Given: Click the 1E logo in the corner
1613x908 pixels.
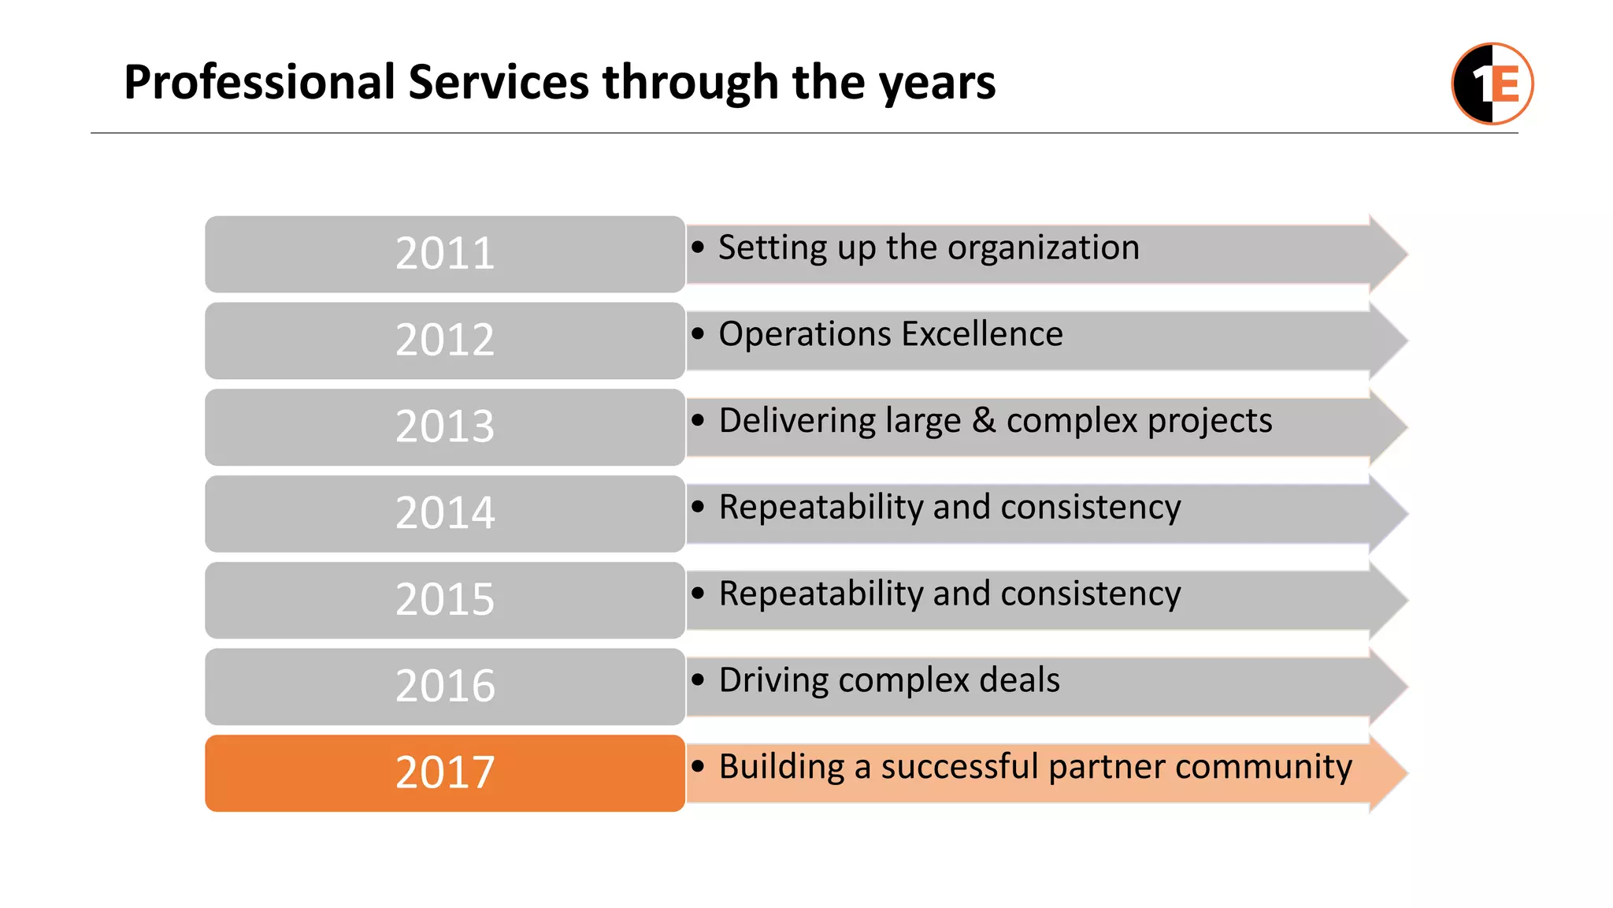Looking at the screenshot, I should coord(1492,84).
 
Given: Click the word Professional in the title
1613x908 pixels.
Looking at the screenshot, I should coord(259,82).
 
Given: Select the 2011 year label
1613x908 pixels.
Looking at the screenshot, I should coord(445,254).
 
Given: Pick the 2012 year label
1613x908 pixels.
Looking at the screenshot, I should coord(445,340).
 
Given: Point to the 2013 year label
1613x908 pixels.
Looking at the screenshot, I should coord(445,426).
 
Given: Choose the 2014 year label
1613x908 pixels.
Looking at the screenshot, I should coord(445,513).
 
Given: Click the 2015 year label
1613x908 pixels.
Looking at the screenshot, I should coord(445,600).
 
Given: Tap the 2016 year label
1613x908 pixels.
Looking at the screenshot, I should coord(445,686).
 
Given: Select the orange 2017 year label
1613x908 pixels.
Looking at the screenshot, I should coord(445,772).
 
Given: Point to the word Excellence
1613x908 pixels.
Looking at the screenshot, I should coord(982,334).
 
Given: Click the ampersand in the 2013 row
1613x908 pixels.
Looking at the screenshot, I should coord(983,421).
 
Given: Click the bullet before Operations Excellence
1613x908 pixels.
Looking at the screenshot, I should coord(698,334).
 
